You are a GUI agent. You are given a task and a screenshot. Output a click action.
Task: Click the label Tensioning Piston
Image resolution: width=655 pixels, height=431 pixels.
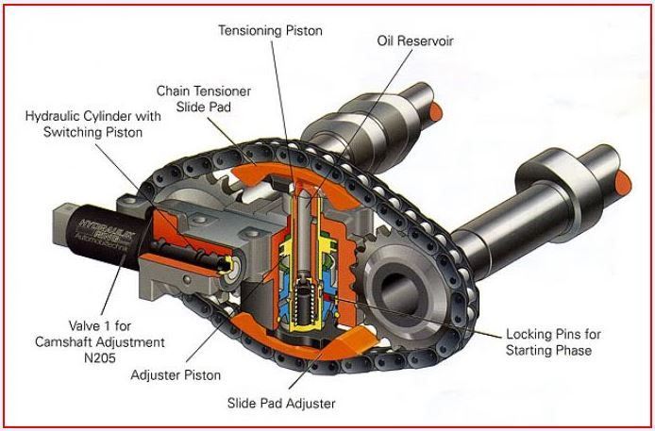pyautogui.click(x=270, y=30)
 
